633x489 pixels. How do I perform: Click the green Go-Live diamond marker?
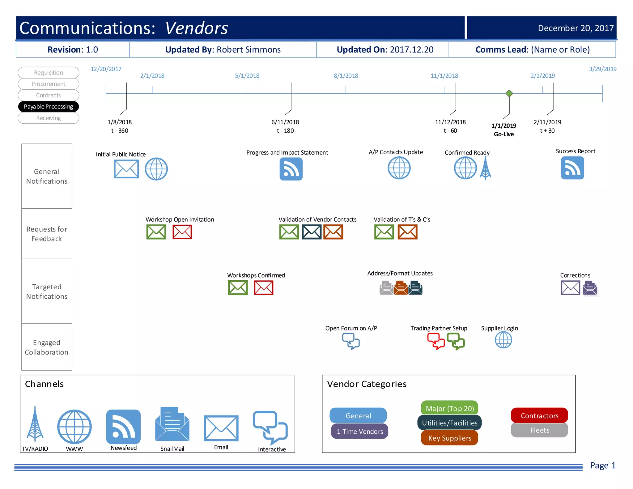(509, 93)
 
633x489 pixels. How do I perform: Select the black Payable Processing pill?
(49, 107)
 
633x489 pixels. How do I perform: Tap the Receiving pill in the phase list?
(49, 118)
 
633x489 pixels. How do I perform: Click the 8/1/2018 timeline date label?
(346, 76)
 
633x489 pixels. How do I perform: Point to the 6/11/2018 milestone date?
(285, 122)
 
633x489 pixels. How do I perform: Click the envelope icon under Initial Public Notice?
(126, 169)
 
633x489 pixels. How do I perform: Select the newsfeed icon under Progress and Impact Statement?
(291, 169)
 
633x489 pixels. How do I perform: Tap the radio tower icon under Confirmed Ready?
(486, 168)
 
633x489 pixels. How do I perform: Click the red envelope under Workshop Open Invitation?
(182, 232)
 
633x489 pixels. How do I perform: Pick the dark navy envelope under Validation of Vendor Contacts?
(312, 232)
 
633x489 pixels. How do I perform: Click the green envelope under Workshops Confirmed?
(238, 288)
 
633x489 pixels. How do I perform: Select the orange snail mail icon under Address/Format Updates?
(401, 288)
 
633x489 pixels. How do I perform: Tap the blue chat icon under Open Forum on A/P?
(351, 341)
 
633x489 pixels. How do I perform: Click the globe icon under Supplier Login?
(503, 340)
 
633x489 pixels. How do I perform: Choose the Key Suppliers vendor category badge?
(449, 438)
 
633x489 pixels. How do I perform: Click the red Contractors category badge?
(539, 415)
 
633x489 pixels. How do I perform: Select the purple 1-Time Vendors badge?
(359, 432)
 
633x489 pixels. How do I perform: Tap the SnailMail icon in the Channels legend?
(172, 424)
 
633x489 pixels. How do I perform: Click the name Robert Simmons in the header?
(249, 50)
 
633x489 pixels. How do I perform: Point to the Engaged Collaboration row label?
(47, 347)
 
